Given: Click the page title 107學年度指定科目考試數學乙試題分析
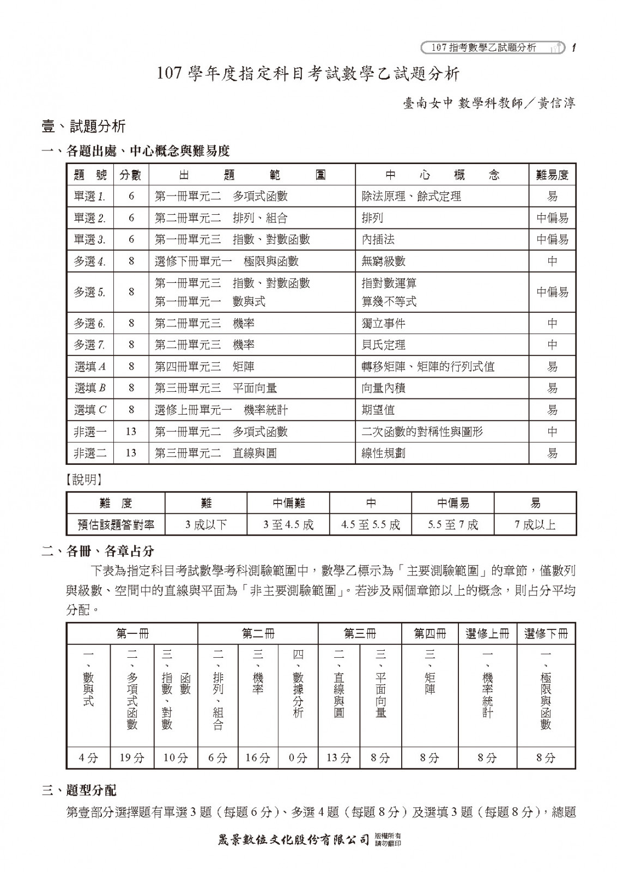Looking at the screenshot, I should point(308,74).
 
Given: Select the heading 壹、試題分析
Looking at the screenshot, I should point(83,127).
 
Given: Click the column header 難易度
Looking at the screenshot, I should point(552,175).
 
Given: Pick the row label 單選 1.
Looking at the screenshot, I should point(89,197).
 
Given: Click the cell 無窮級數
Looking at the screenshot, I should point(384,261).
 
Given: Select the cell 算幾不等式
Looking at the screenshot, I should point(389,301).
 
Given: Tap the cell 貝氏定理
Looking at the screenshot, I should point(384,345).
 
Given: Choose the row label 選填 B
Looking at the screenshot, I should point(90,388).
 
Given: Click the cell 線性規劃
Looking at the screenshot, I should point(384,453).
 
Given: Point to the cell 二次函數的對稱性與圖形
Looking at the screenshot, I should point(422,432).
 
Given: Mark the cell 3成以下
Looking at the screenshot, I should point(206,525).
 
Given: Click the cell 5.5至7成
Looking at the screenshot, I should point(453,525).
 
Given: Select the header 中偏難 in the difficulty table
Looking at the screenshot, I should point(288,503).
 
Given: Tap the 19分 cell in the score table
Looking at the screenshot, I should point(132,758).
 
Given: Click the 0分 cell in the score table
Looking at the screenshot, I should point(298,758).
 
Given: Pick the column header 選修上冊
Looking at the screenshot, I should point(487,633).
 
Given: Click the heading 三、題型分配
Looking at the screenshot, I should point(79,790).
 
